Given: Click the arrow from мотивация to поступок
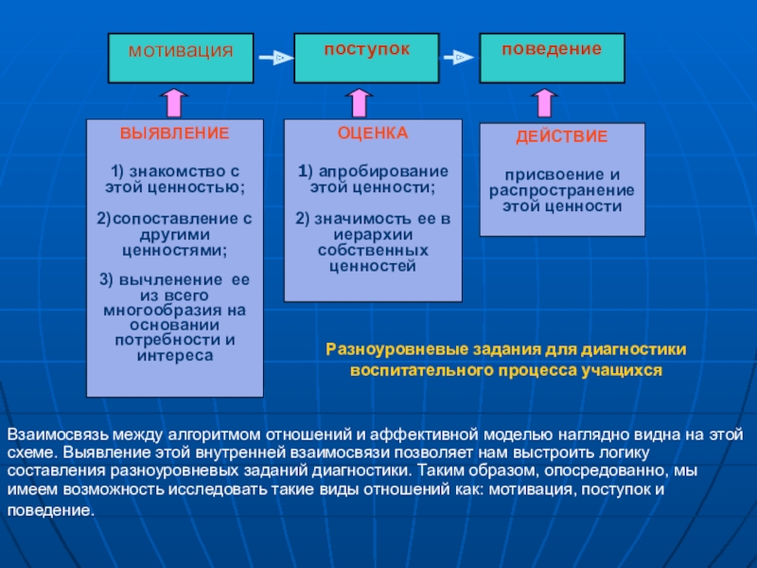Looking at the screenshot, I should pos(274,58).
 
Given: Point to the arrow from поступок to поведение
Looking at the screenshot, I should pos(459,58).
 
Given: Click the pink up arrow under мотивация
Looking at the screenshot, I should pos(174,102).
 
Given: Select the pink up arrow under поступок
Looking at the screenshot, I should pos(360,102).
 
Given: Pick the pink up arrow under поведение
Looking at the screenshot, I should pos(545,102).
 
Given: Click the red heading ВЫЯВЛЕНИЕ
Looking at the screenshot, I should pos(174,133).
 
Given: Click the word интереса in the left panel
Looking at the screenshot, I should pos(175,355).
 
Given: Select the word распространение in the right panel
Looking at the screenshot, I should pos(562,189).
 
